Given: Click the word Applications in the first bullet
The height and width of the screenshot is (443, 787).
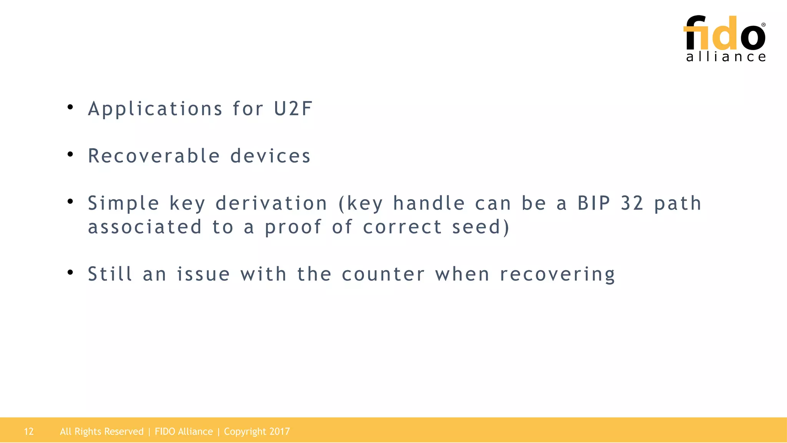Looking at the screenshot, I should coord(155,109).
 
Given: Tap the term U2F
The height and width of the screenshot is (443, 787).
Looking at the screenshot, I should coord(293,109).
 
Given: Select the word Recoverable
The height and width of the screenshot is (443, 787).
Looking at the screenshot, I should coord(154,156).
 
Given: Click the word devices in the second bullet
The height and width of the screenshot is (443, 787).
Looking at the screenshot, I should coord(270,156).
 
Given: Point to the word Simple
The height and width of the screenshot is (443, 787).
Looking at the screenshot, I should coord(123,203).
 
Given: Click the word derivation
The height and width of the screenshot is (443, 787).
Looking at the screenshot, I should coord(271,203).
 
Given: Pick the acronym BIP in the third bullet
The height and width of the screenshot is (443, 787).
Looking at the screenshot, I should coord(594,203).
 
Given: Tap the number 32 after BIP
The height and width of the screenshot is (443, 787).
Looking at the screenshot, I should coord(632,203).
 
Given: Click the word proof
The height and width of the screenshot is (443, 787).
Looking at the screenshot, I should coord(293,227).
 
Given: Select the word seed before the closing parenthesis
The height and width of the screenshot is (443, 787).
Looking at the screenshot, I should coord(476,227).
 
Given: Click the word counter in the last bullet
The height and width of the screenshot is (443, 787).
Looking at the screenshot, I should coord(383,275).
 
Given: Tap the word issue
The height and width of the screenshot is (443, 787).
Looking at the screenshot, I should coord(203,275).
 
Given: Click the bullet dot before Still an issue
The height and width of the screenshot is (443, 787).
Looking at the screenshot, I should coord(70,273).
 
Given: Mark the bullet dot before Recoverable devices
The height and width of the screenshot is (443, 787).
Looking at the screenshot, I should coord(70,155).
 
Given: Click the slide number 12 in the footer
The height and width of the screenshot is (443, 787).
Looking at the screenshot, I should coord(29,431).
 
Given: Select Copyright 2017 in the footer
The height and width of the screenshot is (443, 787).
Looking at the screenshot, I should coord(257,431).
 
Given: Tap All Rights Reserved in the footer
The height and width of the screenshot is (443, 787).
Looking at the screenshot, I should coord(101,431).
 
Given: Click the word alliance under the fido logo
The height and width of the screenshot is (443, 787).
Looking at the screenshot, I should coord(726,57).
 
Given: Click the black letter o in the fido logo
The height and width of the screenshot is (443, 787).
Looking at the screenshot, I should coord(753,37).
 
